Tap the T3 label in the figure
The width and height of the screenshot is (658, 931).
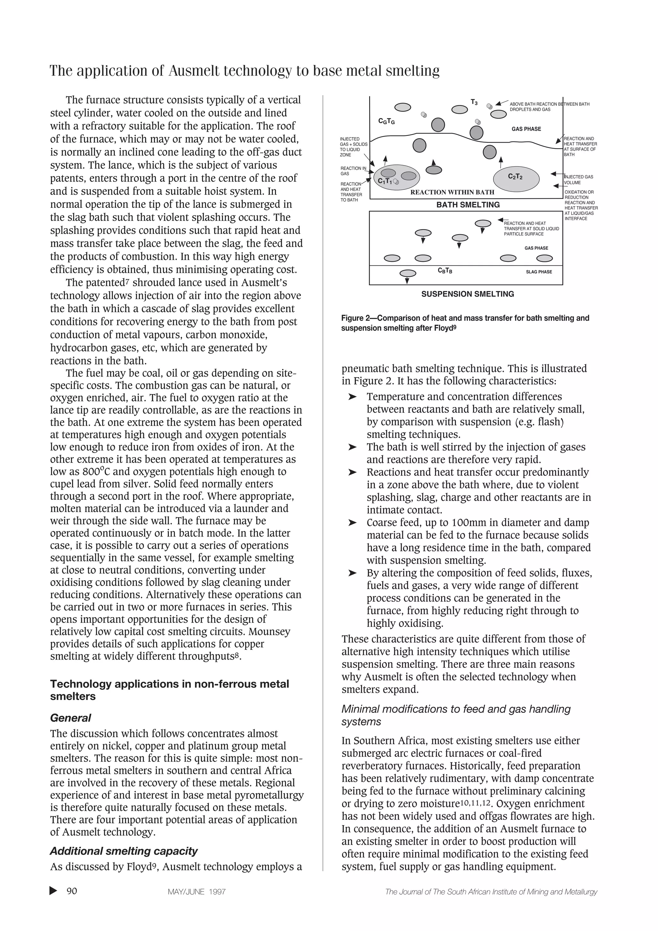pos(474,102)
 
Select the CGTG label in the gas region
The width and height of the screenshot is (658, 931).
pos(387,121)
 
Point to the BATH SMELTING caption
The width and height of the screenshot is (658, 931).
pos(468,205)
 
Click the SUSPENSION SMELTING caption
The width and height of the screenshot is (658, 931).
pos(467,294)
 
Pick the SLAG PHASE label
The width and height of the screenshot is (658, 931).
pos(538,272)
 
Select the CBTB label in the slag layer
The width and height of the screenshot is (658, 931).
pos(445,271)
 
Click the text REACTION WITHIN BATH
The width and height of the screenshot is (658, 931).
pos(452,192)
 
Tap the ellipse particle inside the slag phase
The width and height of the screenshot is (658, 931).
pos(407,273)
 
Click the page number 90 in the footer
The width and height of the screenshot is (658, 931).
pos(72,891)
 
